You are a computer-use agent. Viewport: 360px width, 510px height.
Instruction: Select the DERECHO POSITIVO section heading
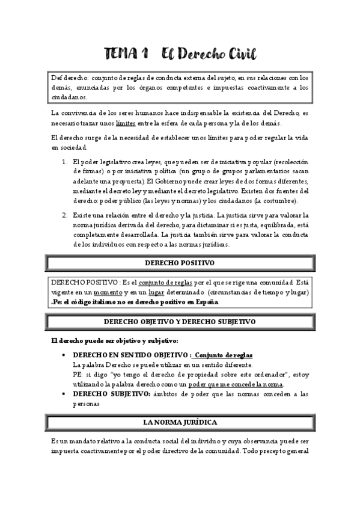(180, 263)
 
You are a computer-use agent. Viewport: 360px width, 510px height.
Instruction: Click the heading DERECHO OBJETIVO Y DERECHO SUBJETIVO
(180, 322)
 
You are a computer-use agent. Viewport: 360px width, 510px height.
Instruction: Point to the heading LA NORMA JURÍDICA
(180, 422)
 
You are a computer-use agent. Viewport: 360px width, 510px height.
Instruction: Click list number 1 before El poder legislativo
(65, 162)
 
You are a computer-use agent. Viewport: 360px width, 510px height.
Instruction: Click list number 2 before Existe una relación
(65, 215)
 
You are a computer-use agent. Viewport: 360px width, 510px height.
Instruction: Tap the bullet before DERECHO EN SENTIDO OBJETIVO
(64, 355)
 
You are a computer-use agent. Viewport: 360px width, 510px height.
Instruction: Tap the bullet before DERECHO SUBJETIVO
(64, 394)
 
